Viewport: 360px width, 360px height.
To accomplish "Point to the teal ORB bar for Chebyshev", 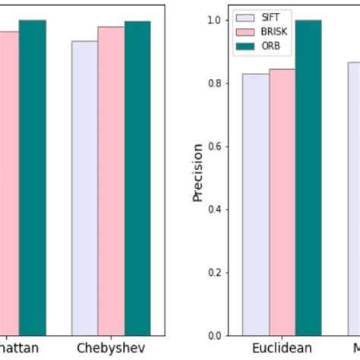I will click(137, 178).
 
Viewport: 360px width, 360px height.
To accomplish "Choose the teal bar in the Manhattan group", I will click(32, 178).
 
